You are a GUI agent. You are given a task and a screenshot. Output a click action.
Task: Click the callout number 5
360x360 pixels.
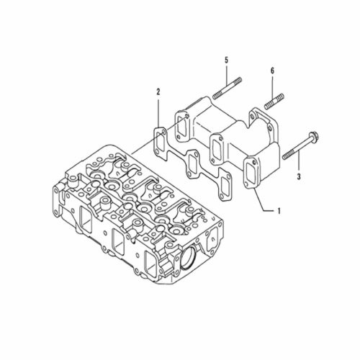pyautogui.click(x=227, y=60)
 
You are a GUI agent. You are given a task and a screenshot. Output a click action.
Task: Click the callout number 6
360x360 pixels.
pyautogui.click(x=272, y=71)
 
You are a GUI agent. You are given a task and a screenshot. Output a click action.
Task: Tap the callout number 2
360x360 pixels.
pyautogui.click(x=158, y=91)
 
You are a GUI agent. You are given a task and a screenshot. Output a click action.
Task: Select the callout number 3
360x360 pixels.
pyautogui.click(x=299, y=177)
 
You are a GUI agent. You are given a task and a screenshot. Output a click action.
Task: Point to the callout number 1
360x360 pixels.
pyautogui.click(x=279, y=211)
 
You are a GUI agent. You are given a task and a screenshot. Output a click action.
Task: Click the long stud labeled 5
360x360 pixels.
pyautogui.click(x=227, y=88)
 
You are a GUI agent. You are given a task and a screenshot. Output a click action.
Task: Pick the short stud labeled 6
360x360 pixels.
pyautogui.click(x=274, y=101)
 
